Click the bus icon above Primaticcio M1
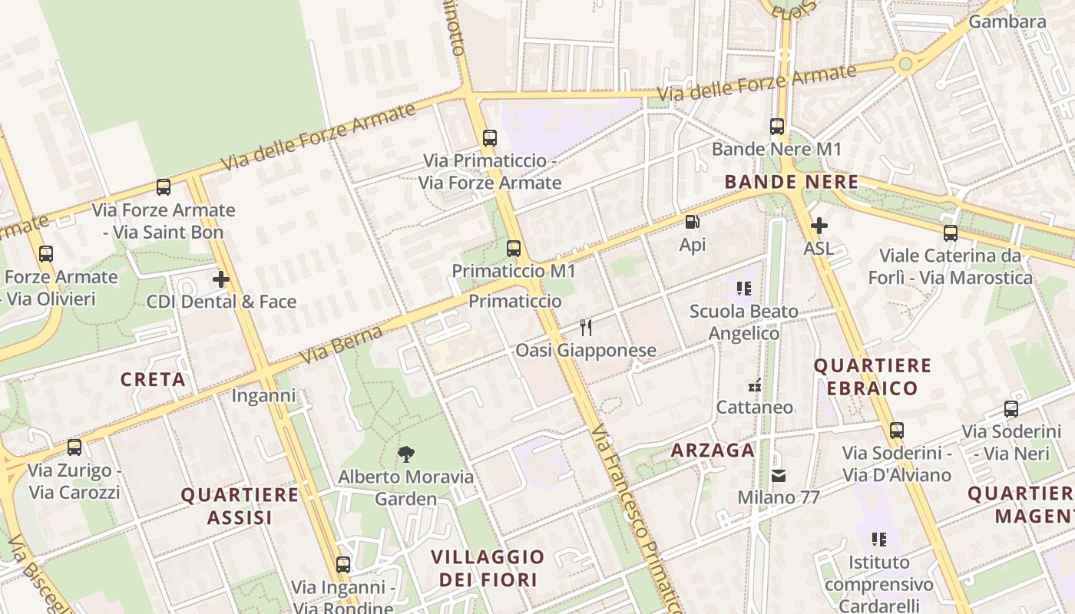pyautogui.click(x=514, y=249)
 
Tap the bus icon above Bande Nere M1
pyautogui.click(x=777, y=127)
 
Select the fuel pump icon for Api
pyautogui.click(x=692, y=223)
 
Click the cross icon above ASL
pyautogui.click(x=819, y=226)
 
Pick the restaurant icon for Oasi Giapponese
pyautogui.click(x=586, y=328)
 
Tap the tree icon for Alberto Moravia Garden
pyautogui.click(x=405, y=454)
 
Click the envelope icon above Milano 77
pyautogui.click(x=779, y=476)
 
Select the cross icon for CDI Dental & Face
pyautogui.click(x=221, y=279)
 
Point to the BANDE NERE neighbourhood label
pyautogui.click(x=791, y=183)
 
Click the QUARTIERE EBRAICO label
pyautogui.click(x=872, y=377)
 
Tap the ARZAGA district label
pyautogui.click(x=713, y=451)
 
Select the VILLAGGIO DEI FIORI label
pyautogui.click(x=488, y=568)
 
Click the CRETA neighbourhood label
pyautogui.click(x=153, y=379)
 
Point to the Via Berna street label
pyautogui.click(x=341, y=345)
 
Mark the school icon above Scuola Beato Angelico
pyautogui.click(x=743, y=289)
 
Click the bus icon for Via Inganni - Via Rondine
pyautogui.click(x=343, y=565)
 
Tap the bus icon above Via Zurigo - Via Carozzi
pyautogui.click(x=74, y=447)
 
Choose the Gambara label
pyautogui.click(x=1007, y=21)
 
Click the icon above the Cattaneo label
pyautogui.click(x=755, y=385)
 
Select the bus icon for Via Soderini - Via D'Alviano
pyautogui.click(x=896, y=431)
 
